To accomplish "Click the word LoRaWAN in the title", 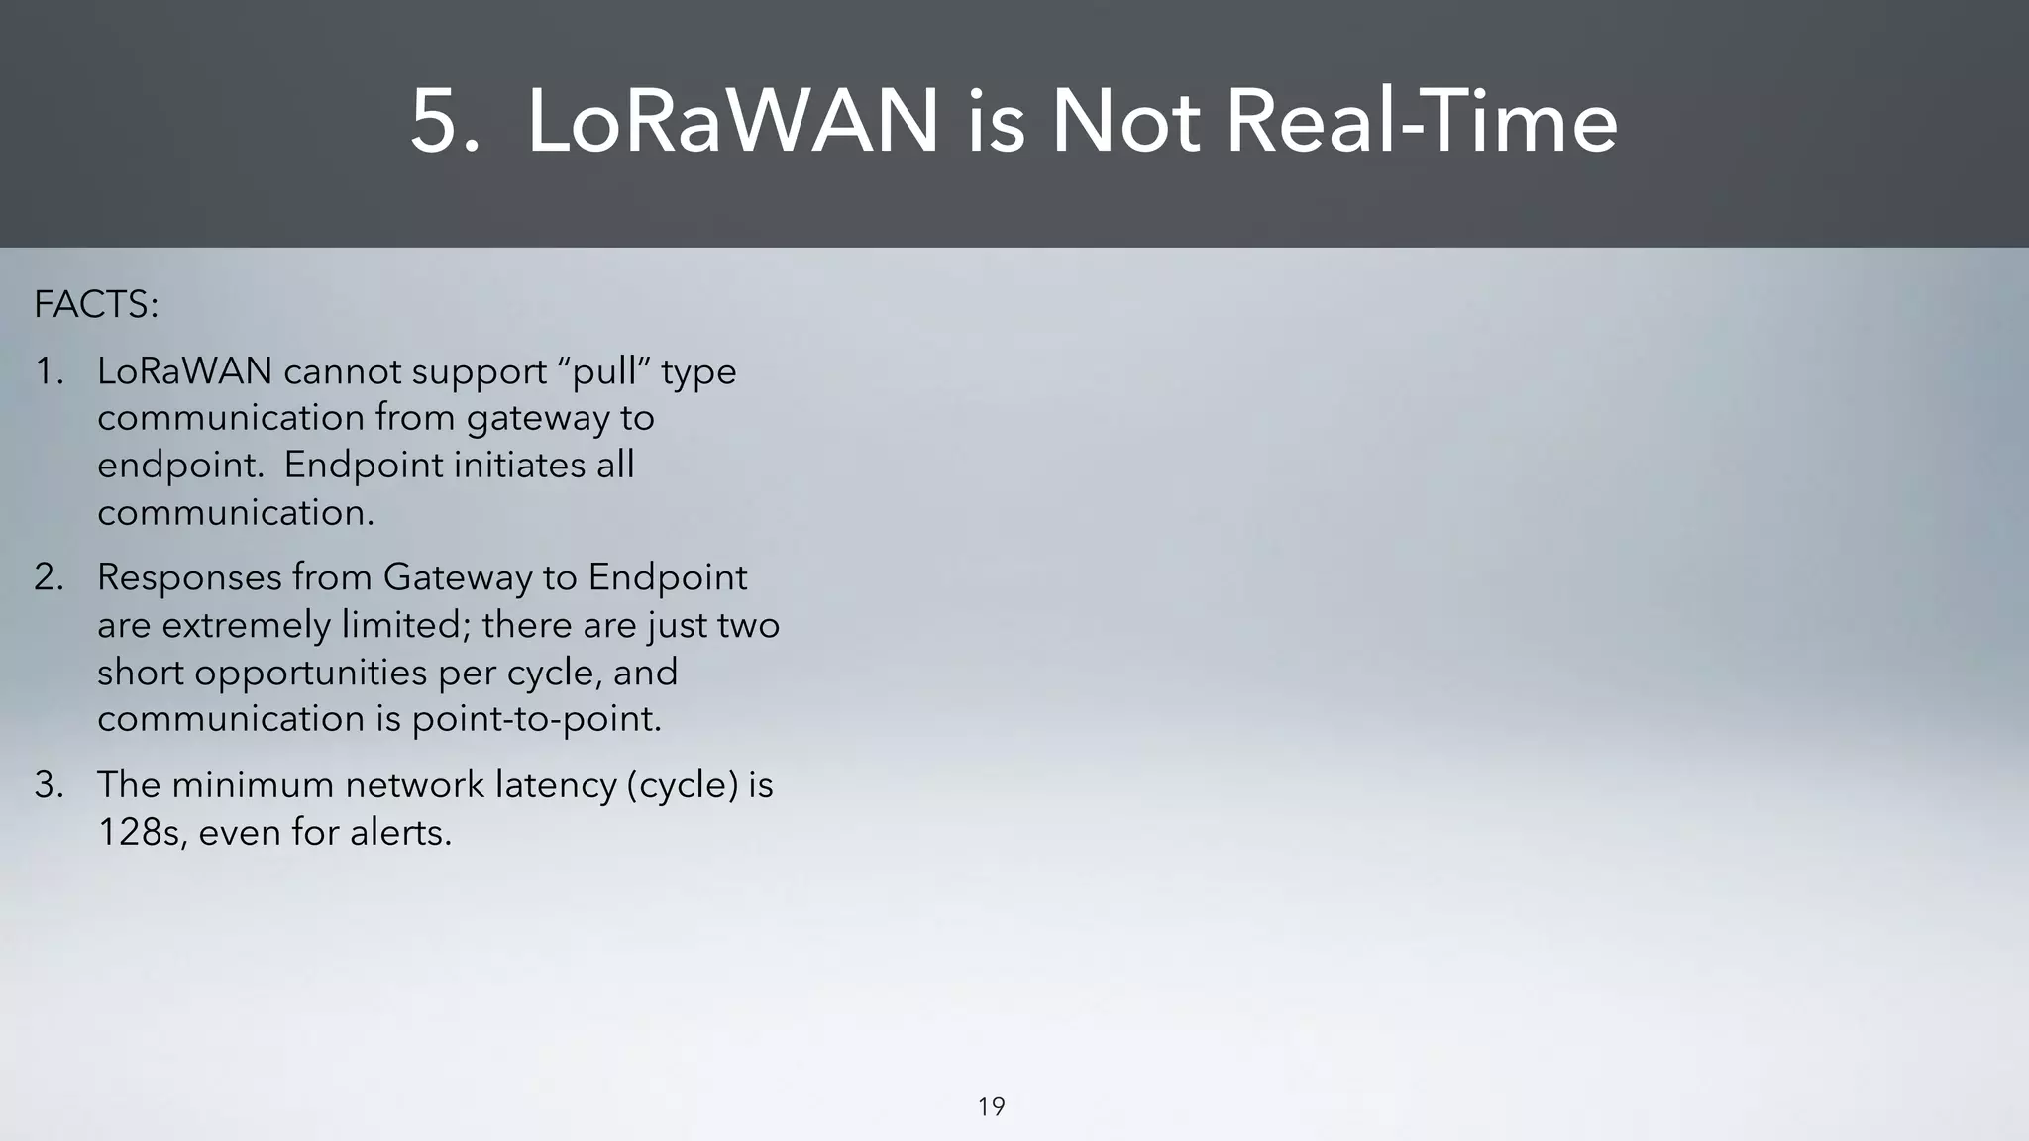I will (732, 123).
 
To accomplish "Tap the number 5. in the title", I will (445, 123).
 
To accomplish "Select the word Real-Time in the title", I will (1422, 123).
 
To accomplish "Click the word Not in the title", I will (1125, 123).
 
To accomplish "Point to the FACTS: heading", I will (96, 305).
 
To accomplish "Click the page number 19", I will (991, 1106).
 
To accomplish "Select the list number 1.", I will (49, 372).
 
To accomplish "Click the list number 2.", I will (49, 577).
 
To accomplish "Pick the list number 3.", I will (49, 785).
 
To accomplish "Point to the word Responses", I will (188, 577).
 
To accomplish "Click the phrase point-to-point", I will (535, 719).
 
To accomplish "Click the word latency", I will (556, 785).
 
